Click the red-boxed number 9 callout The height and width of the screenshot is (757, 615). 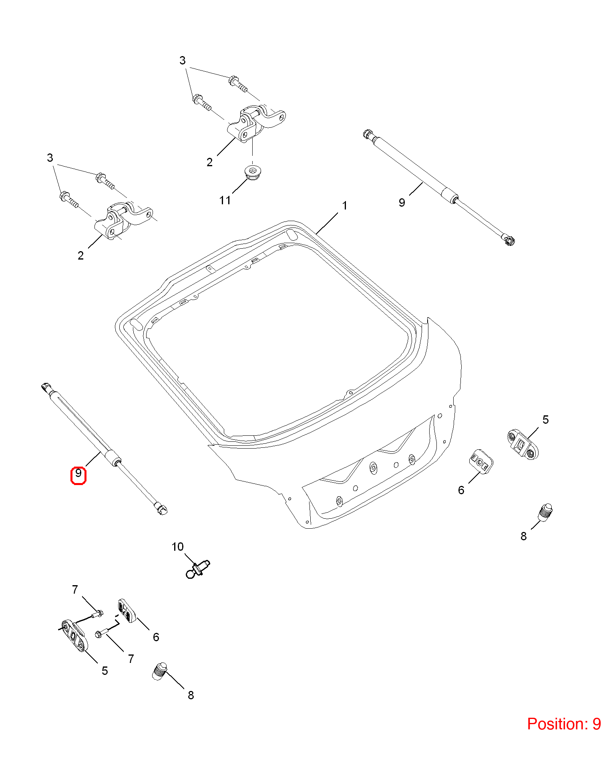pos(78,475)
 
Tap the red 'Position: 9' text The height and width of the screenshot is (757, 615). pos(564,724)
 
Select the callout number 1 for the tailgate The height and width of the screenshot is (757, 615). pos(345,206)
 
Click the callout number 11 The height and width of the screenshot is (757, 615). pos(225,200)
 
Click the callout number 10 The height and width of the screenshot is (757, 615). pos(177,547)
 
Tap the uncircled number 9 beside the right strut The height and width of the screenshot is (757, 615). pos(402,203)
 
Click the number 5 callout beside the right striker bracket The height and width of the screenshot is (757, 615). pos(545,420)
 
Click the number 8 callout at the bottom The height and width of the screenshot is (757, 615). pos(191,695)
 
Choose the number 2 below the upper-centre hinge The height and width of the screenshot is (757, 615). pos(210,162)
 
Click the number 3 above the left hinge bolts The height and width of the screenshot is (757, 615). pos(50,158)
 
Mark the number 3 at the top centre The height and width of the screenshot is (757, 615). pos(183,60)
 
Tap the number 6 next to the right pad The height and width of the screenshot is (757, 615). pos(461,490)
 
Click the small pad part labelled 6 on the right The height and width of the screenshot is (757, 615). pos(481,462)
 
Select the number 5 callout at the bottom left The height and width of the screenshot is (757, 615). pos(105,671)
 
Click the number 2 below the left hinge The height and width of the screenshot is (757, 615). pos(81,256)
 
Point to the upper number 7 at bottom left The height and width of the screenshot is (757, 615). pos(75,590)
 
